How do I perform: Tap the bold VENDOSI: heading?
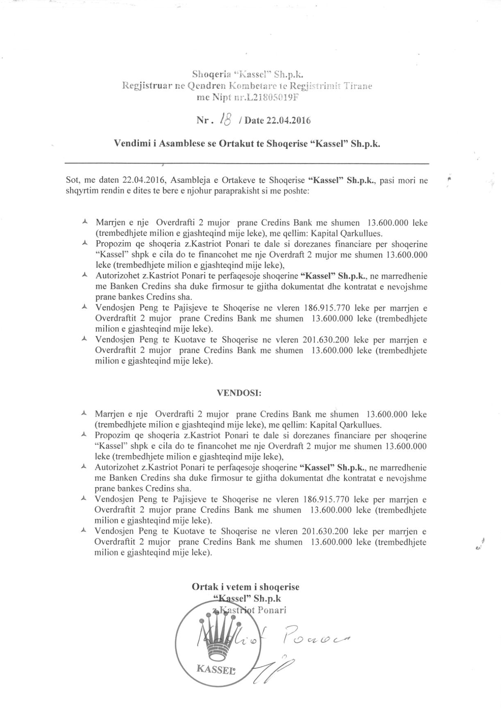tap(239, 393)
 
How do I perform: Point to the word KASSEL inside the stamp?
tap(216, 669)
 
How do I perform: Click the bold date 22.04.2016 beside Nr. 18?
tap(288, 120)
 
